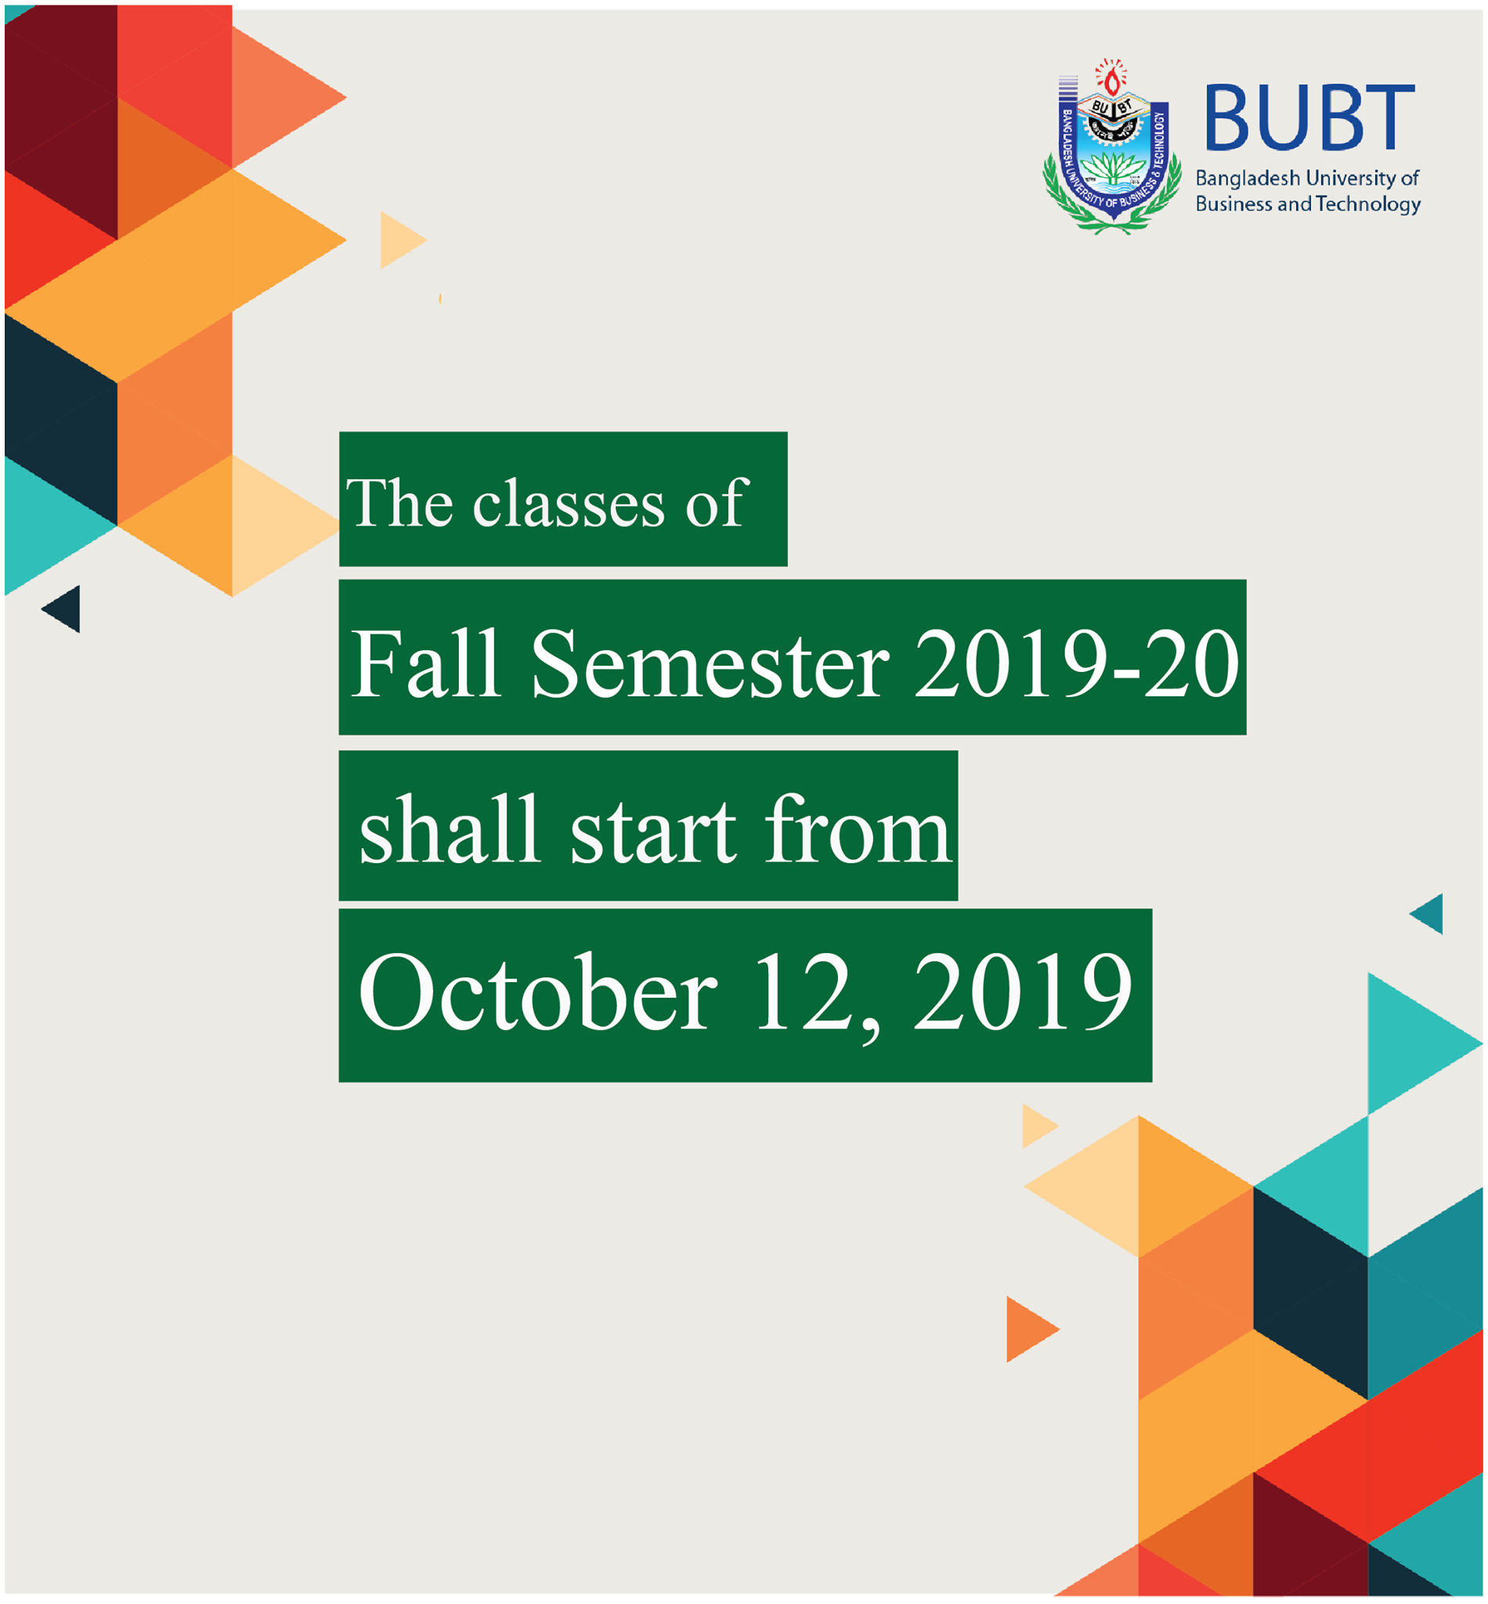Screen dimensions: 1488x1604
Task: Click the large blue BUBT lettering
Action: click(x=1309, y=117)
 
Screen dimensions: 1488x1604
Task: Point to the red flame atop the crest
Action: click(x=1112, y=81)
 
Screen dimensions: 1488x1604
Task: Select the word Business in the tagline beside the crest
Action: click(x=1233, y=204)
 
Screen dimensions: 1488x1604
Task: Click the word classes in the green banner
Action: click(x=569, y=504)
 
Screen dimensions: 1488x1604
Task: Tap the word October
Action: click(x=537, y=992)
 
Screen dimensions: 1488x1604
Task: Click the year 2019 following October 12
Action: click(x=1023, y=992)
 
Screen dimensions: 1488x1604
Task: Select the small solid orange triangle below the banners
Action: click(x=1029, y=1329)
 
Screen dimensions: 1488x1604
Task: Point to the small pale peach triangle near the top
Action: click(x=401, y=240)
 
